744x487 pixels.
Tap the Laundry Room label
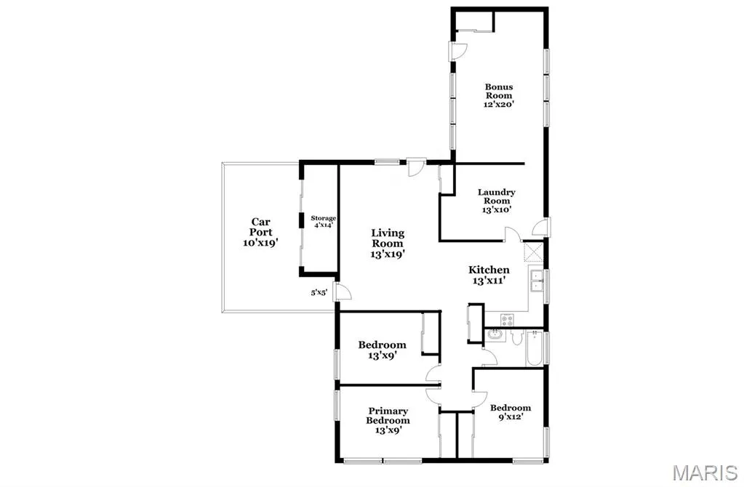(496, 196)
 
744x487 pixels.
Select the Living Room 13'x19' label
(388, 243)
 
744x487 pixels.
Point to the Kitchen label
(489, 270)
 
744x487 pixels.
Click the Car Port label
(261, 227)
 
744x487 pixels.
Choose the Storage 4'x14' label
(323, 222)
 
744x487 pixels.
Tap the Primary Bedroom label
(388, 416)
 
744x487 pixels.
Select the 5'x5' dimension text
(319, 293)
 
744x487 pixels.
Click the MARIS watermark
(705, 472)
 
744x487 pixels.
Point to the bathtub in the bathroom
(535, 349)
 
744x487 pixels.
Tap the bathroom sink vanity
(495, 335)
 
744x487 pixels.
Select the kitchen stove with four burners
(507, 320)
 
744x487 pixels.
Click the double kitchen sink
(537, 281)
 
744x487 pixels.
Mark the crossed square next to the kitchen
(533, 251)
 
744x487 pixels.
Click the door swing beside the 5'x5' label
(343, 291)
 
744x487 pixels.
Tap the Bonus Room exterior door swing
(459, 51)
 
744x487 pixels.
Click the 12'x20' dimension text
(499, 105)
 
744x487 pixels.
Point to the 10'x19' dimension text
(260, 243)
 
